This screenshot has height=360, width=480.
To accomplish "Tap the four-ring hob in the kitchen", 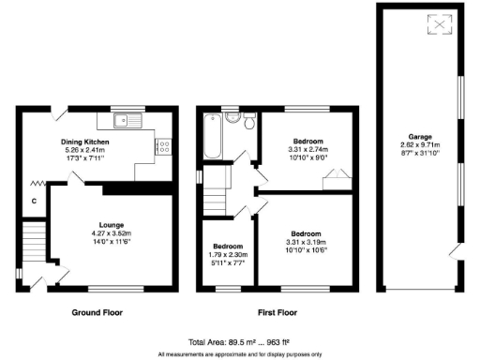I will [x=162, y=146].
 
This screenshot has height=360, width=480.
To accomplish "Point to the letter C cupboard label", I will [x=33, y=201].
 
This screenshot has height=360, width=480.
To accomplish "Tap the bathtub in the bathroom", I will [x=210, y=139].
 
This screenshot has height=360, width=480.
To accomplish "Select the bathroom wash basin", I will [x=231, y=119].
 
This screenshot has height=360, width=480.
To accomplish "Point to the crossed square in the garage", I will [x=436, y=25].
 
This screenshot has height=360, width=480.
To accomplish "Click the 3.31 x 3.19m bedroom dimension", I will [x=306, y=241].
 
